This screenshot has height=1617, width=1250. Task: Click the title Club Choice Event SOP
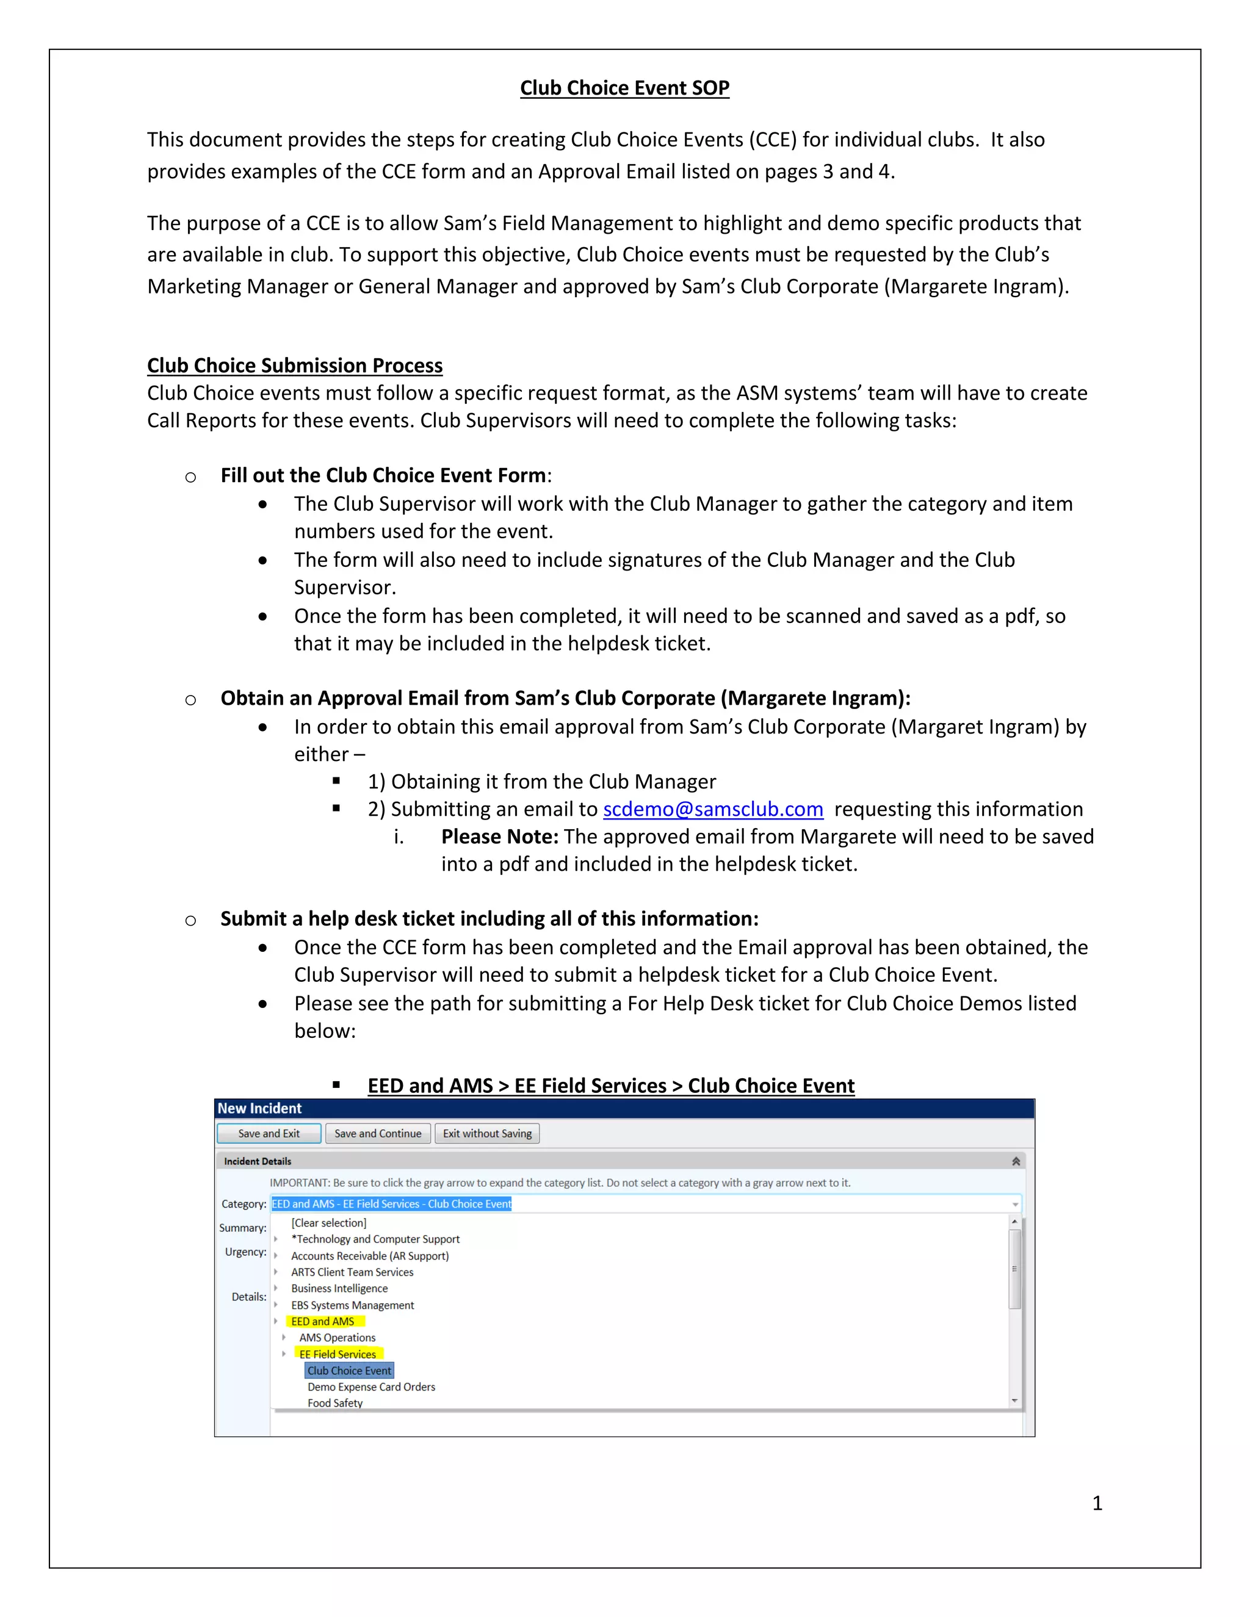[624, 88]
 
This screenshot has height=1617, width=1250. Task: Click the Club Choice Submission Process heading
[295, 366]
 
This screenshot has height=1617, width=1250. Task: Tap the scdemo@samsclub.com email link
[712, 809]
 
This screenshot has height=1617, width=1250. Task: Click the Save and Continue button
[378, 1134]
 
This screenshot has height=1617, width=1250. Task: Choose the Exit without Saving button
[487, 1134]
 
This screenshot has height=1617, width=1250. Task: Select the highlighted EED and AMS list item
[322, 1322]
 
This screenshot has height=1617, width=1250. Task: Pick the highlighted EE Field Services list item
[338, 1354]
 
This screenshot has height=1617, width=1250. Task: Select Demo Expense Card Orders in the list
[371, 1387]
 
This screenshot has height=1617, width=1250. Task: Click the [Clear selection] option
[329, 1223]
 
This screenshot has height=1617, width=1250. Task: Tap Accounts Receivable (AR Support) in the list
[369, 1256]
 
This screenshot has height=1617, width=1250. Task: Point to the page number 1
[1097, 1503]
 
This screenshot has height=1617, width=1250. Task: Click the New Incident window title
[260, 1108]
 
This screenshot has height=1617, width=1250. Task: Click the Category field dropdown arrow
[1014, 1205]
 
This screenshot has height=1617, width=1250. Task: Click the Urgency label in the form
[245, 1252]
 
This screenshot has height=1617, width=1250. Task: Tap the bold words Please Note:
[499, 837]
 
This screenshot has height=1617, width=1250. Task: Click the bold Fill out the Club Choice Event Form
[383, 475]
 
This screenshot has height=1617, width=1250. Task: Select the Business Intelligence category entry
[339, 1288]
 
